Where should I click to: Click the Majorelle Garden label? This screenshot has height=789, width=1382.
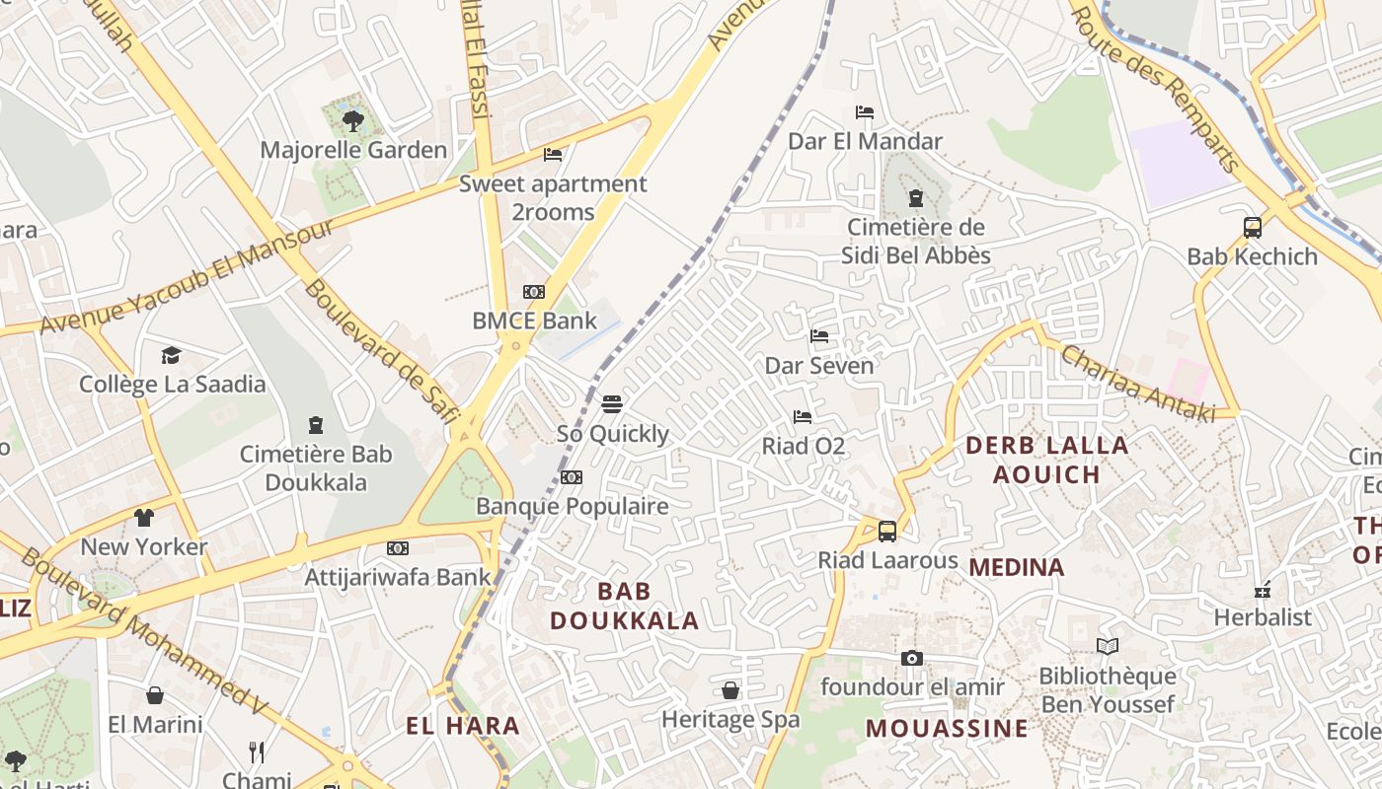click(x=353, y=150)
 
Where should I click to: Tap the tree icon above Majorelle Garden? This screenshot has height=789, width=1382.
click(x=352, y=121)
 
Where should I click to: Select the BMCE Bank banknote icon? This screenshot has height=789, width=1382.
click(x=534, y=292)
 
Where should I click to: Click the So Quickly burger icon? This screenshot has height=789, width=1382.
click(x=612, y=404)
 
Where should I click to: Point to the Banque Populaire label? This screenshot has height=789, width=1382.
click(x=573, y=506)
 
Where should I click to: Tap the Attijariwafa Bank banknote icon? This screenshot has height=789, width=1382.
click(x=398, y=548)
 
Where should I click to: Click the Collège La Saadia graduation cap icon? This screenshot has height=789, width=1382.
click(x=172, y=355)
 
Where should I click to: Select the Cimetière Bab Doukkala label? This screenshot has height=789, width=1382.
click(x=316, y=468)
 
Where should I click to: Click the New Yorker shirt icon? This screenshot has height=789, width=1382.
click(x=144, y=518)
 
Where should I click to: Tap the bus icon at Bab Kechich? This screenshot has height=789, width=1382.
click(x=1252, y=228)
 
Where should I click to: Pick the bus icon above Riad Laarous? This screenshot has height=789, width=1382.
click(x=887, y=532)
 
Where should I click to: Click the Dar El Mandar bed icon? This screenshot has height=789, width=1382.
click(x=865, y=112)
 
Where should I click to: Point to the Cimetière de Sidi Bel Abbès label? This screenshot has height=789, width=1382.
click(x=916, y=242)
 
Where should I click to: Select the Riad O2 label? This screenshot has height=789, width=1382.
click(x=804, y=446)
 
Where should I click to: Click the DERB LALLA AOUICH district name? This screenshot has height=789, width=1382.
click(x=1046, y=460)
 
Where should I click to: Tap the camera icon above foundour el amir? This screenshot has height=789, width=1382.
click(x=912, y=658)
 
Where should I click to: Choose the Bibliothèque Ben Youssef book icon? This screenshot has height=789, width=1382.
click(x=1108, y=647)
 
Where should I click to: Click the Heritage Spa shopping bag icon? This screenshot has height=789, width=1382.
click(x=730, y=690)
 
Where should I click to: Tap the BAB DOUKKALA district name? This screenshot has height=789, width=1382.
click(x=625, y=606)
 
